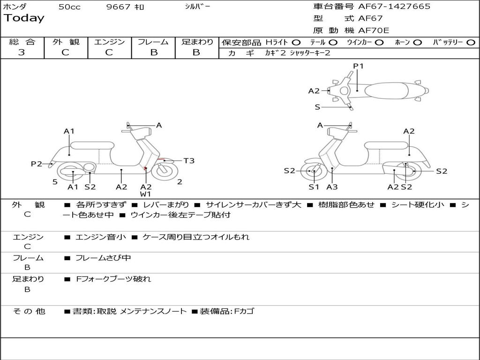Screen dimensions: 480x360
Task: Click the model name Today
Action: pyautogui.click(x=24, y=18)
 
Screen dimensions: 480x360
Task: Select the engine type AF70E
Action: pyautogui.click(x=374, y=30)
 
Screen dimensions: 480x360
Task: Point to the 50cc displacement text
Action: pyautogui.click(x=69, y=7)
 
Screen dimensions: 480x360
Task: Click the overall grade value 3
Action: pyautogui.click(x=22, y=52)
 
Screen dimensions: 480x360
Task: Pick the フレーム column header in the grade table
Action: pyautogui.click(x=153, y=42)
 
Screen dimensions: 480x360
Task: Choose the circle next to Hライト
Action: pyautogui.click(x=296, y=42)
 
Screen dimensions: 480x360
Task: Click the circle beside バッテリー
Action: pyautogui.click(x=471, y=42)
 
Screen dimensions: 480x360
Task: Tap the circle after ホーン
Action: pyautogui.click(x=418, y=42)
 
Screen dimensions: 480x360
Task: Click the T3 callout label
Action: pyautogui.click(x=189, y=161)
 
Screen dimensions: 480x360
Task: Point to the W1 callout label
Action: pyautogui.click(x=146, y=194)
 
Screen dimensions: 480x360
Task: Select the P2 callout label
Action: pyautogui.click(x=37, y=164)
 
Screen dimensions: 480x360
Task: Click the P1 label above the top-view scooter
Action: pyautogui.click(x=359, y=66)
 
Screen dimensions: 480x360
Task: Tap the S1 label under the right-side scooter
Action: pyautogui.click(x=314, y=187)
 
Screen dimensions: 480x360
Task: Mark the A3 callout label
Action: pyautogui.click(x=332, y=187)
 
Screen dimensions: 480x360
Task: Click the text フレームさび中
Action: pyautogui.click(x=103, y=258)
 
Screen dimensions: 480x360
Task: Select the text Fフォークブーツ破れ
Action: pyautogui.click(x=113, y=279)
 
